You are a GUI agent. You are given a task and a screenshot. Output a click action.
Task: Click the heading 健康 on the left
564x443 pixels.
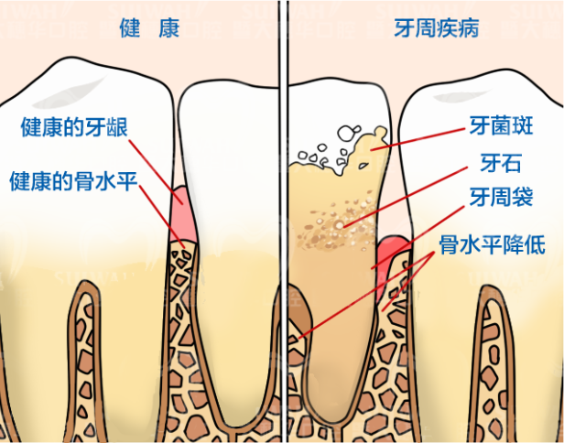click(149, 28)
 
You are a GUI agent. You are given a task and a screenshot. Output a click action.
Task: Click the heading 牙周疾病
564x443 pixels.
click(437, 28)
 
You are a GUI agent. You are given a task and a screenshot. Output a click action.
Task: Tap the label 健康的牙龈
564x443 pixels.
click(74, 126)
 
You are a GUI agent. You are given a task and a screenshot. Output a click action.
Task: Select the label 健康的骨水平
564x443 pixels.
click(74, 181)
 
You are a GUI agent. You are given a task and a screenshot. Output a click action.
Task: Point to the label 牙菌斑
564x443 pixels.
click(501, 126)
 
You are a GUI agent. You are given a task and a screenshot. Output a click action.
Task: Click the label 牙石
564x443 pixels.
click(501, 163)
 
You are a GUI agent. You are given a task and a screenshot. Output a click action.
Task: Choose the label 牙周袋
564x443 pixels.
click(501, 197)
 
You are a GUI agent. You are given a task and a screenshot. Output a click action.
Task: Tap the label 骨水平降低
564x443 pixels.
click(492, 245)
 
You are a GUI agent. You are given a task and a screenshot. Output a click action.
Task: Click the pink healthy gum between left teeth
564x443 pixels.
click(183, 214)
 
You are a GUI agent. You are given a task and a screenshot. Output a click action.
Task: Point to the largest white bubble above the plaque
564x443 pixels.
click(346, 133)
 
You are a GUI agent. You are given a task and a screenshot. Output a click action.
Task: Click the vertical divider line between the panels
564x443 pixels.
click(284, 221)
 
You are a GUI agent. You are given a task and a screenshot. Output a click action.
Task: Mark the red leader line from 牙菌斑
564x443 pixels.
click(418, 139)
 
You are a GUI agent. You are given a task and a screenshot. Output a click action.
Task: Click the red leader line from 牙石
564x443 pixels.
click(406, 197)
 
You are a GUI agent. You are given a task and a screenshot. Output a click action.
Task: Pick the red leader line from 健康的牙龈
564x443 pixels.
click(156, 172)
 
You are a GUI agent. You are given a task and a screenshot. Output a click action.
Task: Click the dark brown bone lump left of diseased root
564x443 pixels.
click(300, 310)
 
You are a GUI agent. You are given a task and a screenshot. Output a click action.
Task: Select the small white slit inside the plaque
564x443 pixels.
click(363, 166)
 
